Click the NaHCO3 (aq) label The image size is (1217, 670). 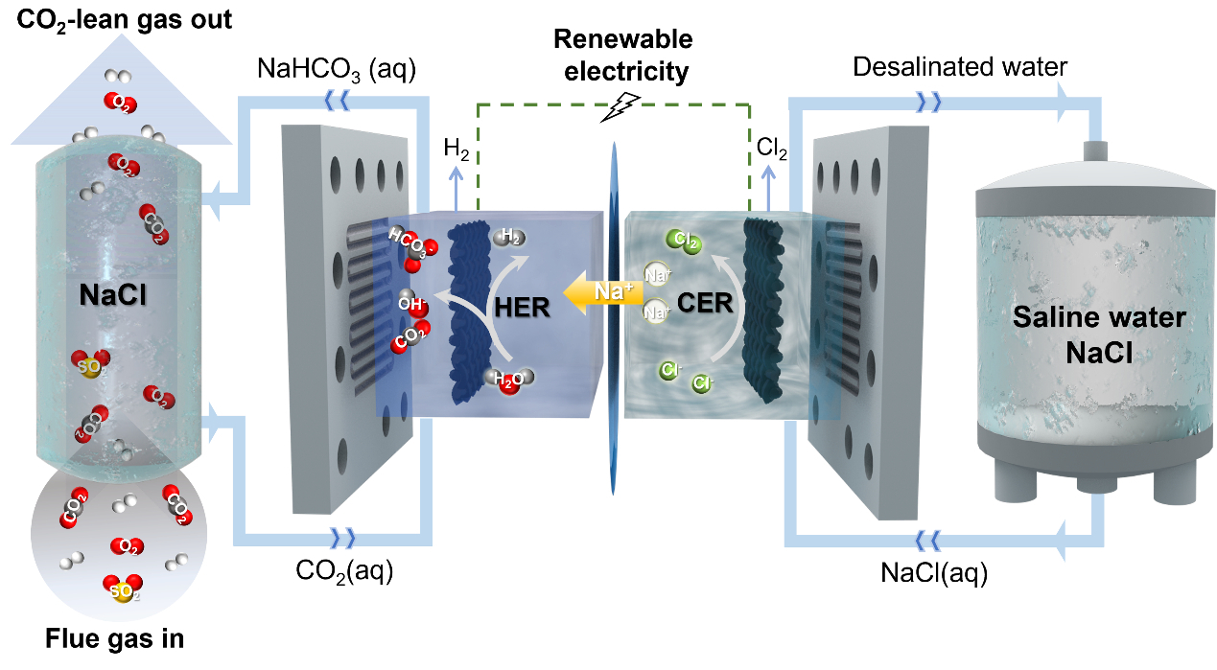(336, 70)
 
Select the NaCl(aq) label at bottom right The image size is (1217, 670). (933, 573)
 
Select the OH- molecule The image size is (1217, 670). (410, 302)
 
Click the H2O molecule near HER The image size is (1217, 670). (507, 381)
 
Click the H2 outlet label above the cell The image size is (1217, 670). (456, 148)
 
